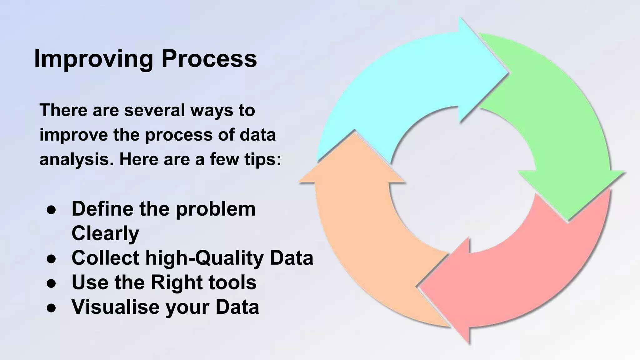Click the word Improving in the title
[x=93, y=59]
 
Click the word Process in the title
[x=209, y=59]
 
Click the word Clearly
[x=105, y=233]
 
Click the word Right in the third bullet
[x=175, y=282]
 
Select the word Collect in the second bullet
[x=105, y=258]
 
